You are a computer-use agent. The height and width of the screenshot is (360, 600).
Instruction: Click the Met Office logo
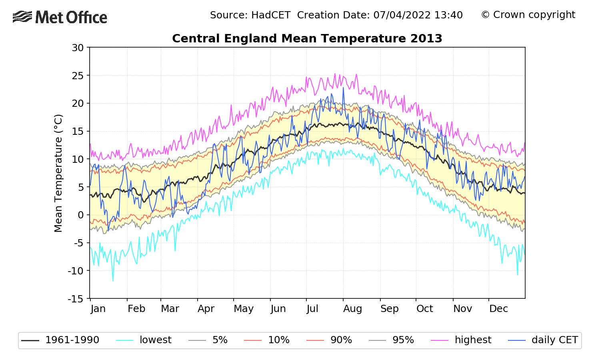pos(60,17)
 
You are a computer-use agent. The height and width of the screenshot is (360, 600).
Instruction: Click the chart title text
pos(307,38)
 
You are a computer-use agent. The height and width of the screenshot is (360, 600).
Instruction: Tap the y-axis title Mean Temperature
pos(58,173)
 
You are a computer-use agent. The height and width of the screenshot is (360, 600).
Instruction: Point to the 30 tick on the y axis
pos(78,48)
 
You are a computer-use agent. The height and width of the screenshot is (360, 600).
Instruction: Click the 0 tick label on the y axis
pos(81,215)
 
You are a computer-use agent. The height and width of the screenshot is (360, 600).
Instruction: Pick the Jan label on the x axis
pos(98,309)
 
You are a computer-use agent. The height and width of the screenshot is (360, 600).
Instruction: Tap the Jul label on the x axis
pos(312,309)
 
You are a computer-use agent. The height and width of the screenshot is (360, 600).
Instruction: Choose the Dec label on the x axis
pos(498,309)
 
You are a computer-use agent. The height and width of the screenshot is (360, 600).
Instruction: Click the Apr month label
pos(206,309)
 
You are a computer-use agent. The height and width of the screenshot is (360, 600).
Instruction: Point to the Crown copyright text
pos(528,15)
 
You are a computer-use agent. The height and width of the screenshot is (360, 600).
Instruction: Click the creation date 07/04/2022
pos(402,15)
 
